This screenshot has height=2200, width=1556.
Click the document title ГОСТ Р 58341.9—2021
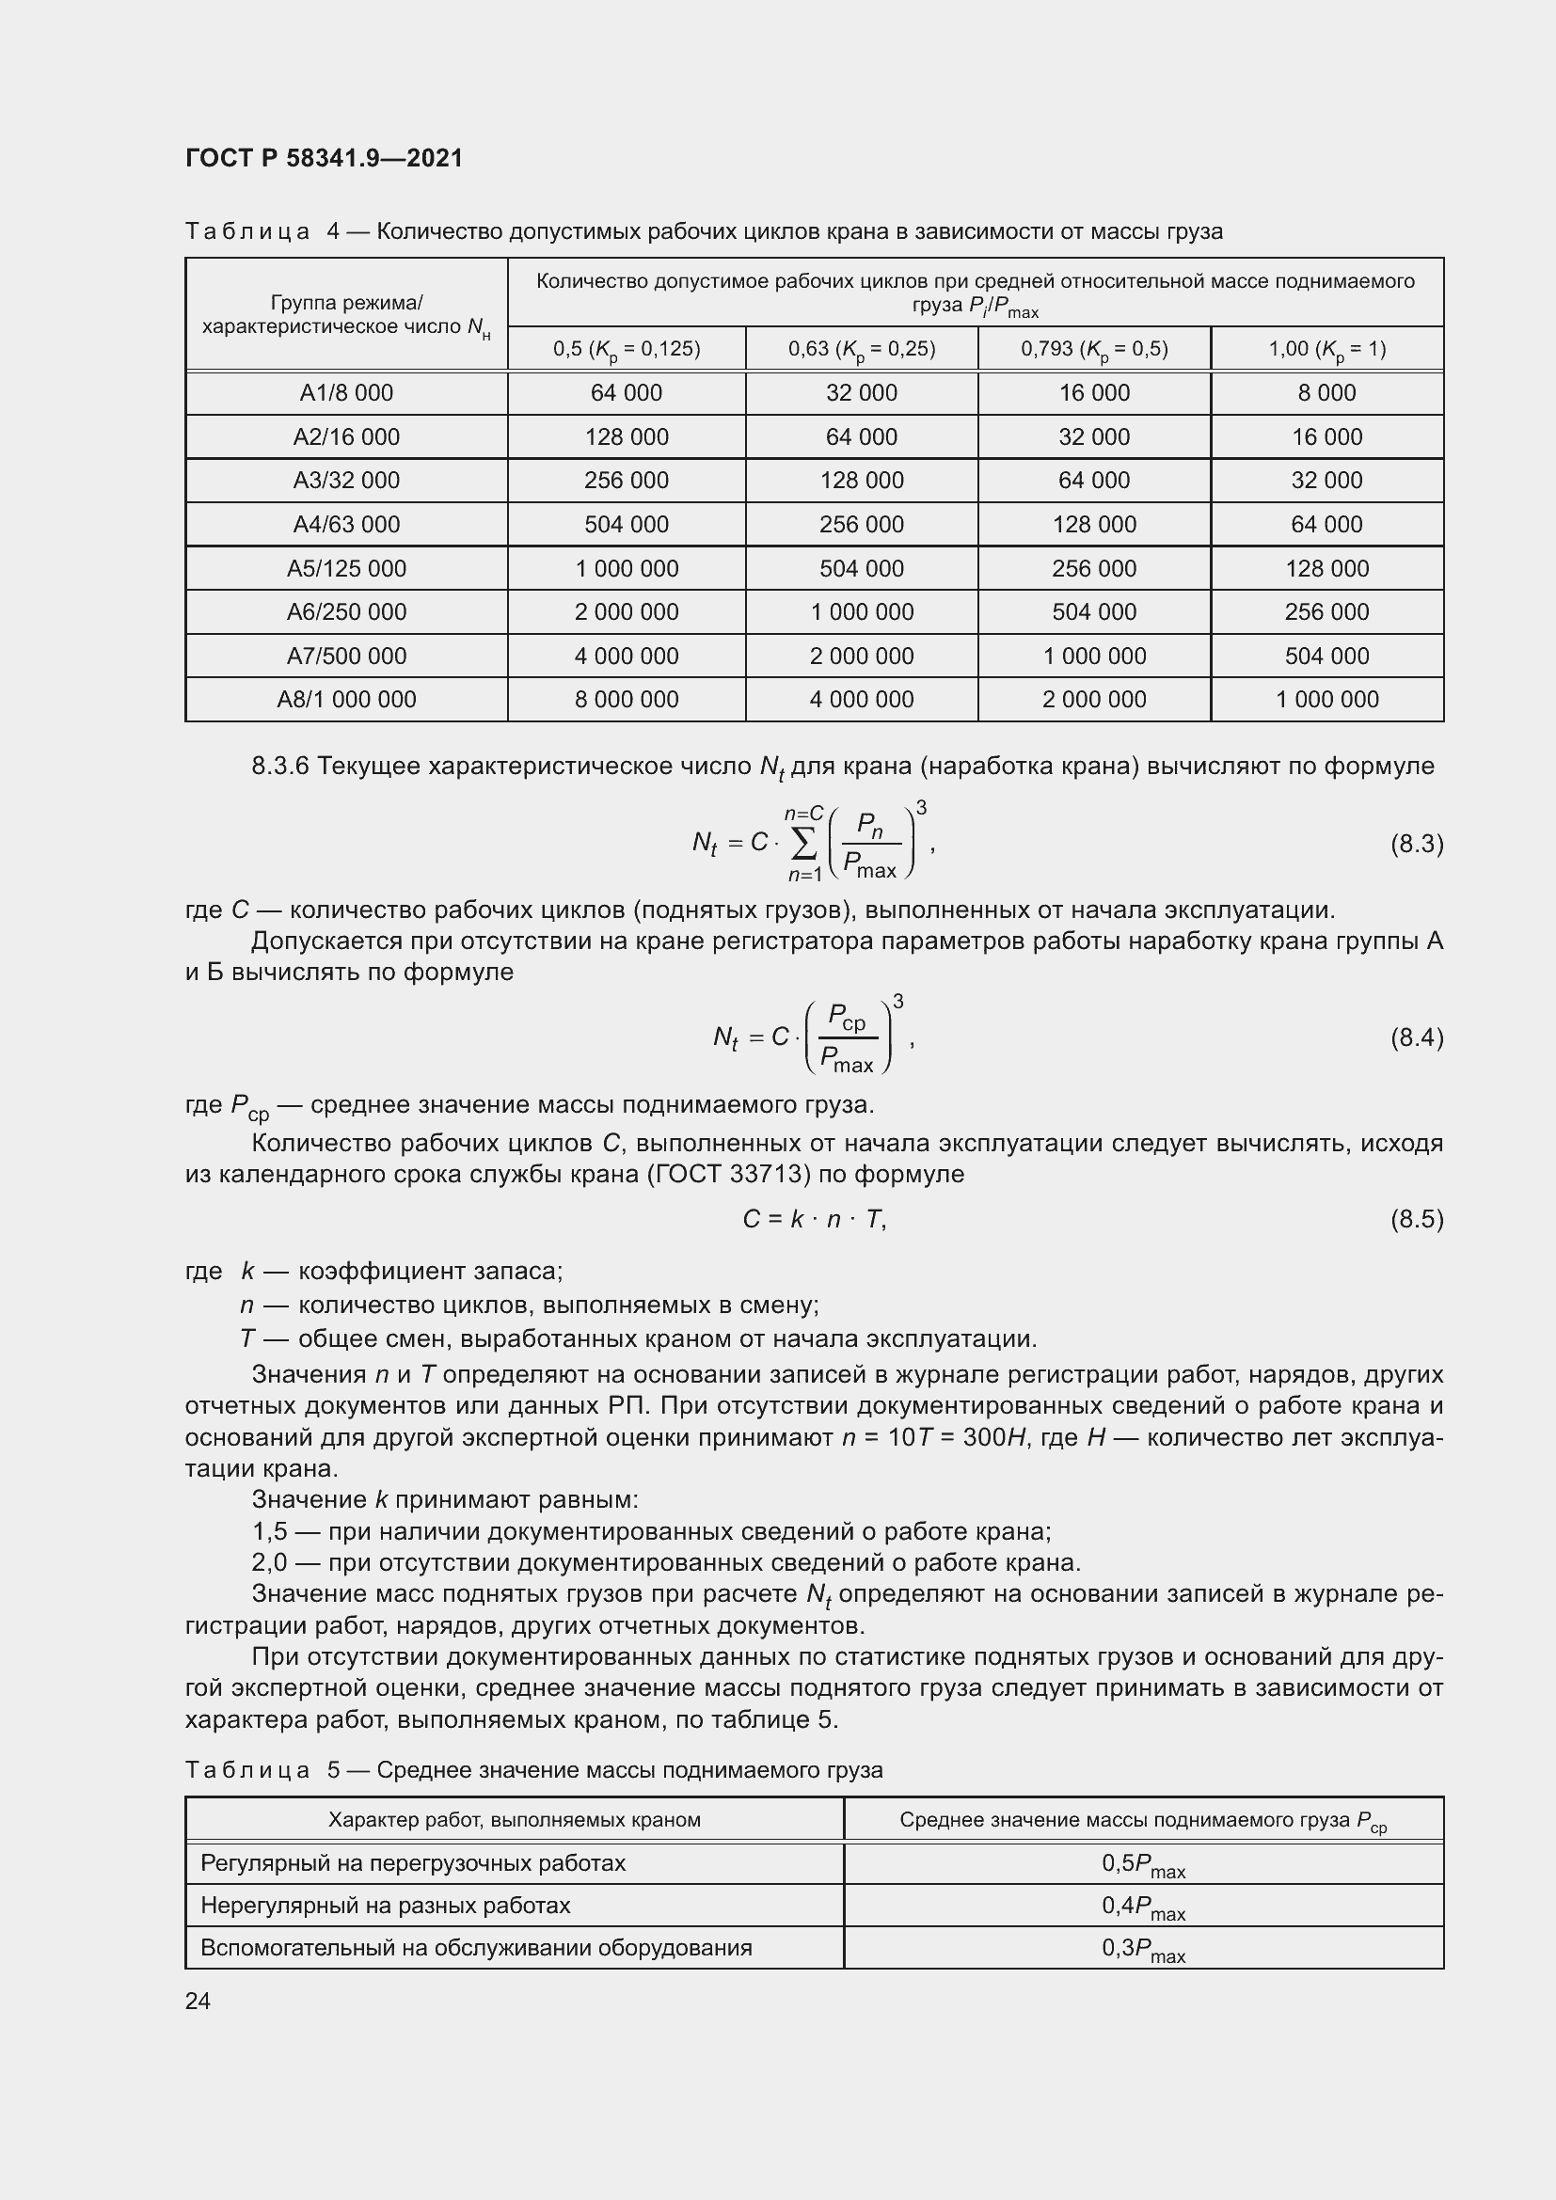click(x=323, y=158)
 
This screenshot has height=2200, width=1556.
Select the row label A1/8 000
click(x=346, y=393)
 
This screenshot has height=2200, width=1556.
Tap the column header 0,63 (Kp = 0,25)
click(x=862, y=349)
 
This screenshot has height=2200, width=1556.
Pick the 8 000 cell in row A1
click(x=1326, y=393)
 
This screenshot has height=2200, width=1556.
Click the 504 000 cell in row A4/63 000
click(x=626, y=524)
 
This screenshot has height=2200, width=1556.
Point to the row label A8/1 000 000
click(x=346, y=700)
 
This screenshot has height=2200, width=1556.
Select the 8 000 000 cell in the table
click(x=626, y=700)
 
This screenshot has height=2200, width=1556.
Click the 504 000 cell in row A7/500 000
click(x=1326, y=657)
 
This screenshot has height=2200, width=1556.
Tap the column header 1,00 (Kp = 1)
click(x=1326, y=349)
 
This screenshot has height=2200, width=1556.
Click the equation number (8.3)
click(x=1416, y=844)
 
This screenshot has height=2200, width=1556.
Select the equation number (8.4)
click(x=1416, y=1037)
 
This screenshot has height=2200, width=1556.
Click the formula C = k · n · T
click(x=815, y=1219)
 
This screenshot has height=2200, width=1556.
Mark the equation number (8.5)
click(x=1416, y=1219)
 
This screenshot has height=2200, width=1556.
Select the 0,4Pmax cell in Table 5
click(x=1143, y=1906)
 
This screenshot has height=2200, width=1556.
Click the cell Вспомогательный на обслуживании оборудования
click(x=476, y=1948)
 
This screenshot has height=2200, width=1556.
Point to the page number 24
click(x=198, y=2001)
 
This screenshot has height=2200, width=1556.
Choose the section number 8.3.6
click(x=279, y=767)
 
